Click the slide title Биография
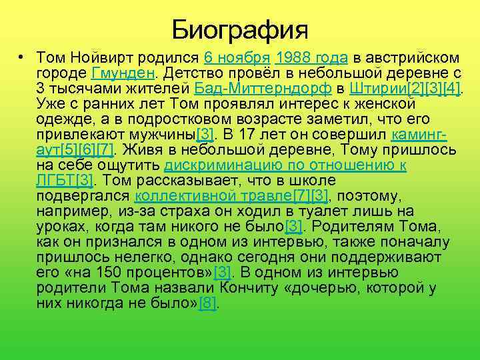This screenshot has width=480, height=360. pos(240,29)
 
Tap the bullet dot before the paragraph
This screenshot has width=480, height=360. pos(22,57)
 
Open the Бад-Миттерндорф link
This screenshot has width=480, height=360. pos(261,89)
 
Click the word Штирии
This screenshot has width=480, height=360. pos(379,89)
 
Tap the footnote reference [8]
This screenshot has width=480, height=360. pos(209,303)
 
